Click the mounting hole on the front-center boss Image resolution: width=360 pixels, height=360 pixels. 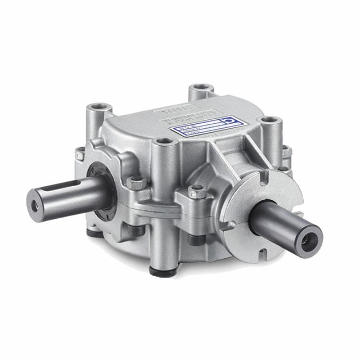(163, 142)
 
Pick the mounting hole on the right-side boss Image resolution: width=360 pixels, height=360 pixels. (271, 121)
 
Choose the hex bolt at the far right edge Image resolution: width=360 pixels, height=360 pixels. (286, 151)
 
